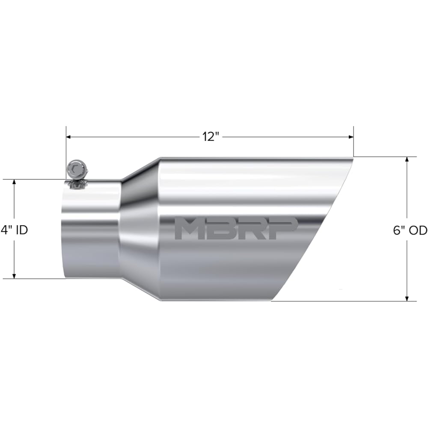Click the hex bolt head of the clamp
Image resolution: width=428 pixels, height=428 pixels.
click(76, 169)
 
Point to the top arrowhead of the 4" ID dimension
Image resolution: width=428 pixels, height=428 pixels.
click(14, 182)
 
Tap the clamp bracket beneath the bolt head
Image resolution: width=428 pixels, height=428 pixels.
click(76, 184)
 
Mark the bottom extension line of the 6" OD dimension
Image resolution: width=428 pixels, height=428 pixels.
click(342, 301)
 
